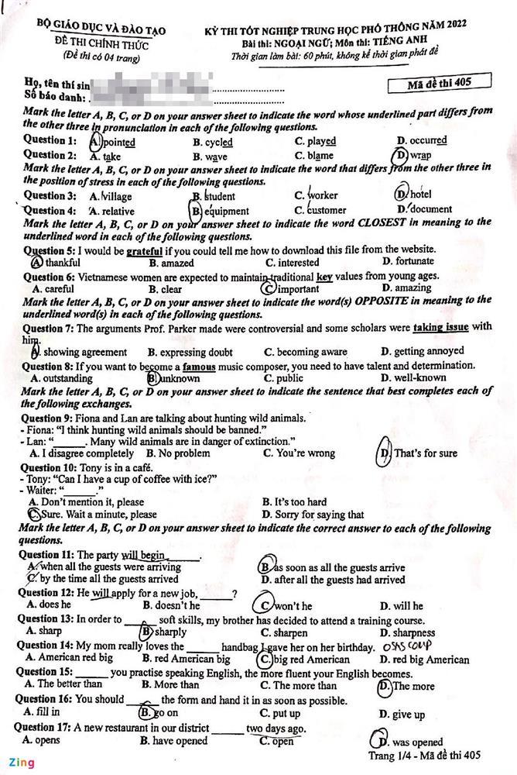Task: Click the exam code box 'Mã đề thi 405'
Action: pyautogui.click(x=438, y=83)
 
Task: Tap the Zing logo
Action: pyautogui.click(x=22, y=762)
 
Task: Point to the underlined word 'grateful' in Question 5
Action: pyautogui.click(x=144, y=250)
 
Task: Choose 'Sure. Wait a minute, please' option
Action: pyautogui.click(x=93, y=514)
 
